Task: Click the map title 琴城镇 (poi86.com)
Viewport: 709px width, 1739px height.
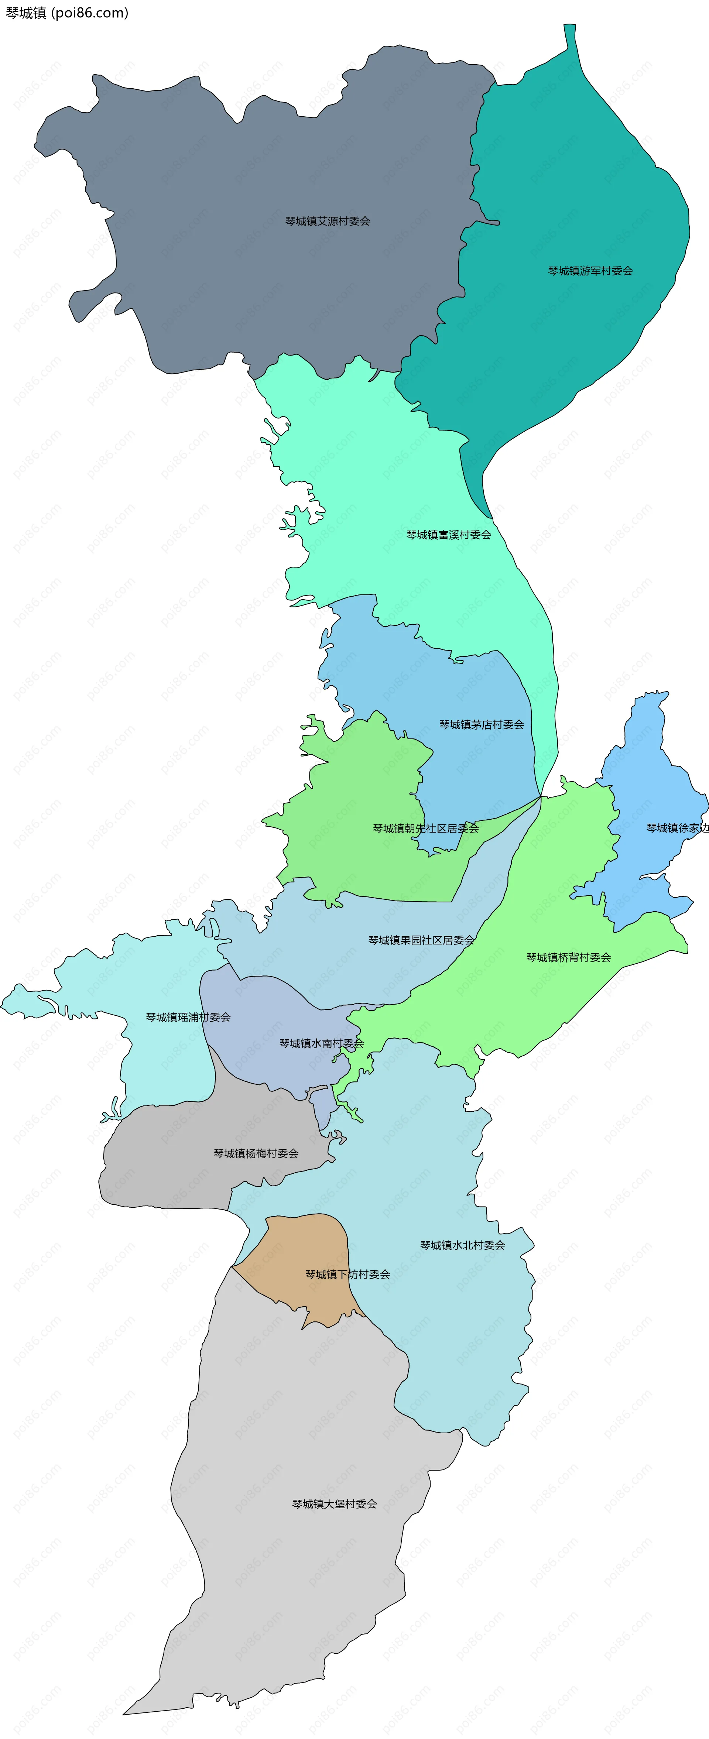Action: tap(67, 13)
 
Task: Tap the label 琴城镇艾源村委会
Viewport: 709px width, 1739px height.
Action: tap(328, 221)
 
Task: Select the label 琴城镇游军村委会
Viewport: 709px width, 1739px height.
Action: tap(590, 271)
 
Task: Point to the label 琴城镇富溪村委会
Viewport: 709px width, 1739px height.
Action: tap(448, 535)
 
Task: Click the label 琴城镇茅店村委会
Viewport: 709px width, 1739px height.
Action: tap(482, 724)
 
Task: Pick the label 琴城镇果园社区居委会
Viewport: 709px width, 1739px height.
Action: tap(421, 940)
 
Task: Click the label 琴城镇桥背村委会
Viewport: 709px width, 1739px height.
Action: tap(569, 957)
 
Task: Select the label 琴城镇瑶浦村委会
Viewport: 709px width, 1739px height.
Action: tap(188, 1017)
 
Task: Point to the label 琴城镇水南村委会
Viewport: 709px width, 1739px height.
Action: tap(321, 1043)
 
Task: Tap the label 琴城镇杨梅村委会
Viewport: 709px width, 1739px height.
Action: tap(256, 1154)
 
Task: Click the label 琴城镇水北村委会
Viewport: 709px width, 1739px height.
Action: tap(463, 1245)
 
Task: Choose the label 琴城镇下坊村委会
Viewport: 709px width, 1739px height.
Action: tap(348, 1275)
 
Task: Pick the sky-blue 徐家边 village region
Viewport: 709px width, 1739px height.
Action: tap(648, 776)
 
